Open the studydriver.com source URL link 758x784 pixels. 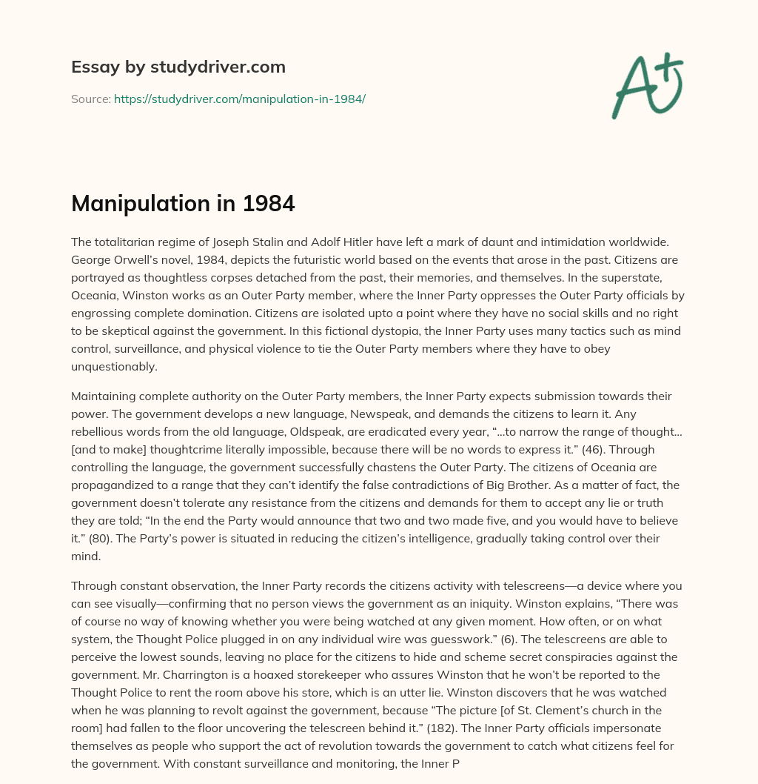(x=239, y=99)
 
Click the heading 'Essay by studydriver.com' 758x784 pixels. (x=178, y=67)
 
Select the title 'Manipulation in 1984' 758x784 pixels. (x=183, y=203)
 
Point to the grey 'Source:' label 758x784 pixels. (x=90, y=99)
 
